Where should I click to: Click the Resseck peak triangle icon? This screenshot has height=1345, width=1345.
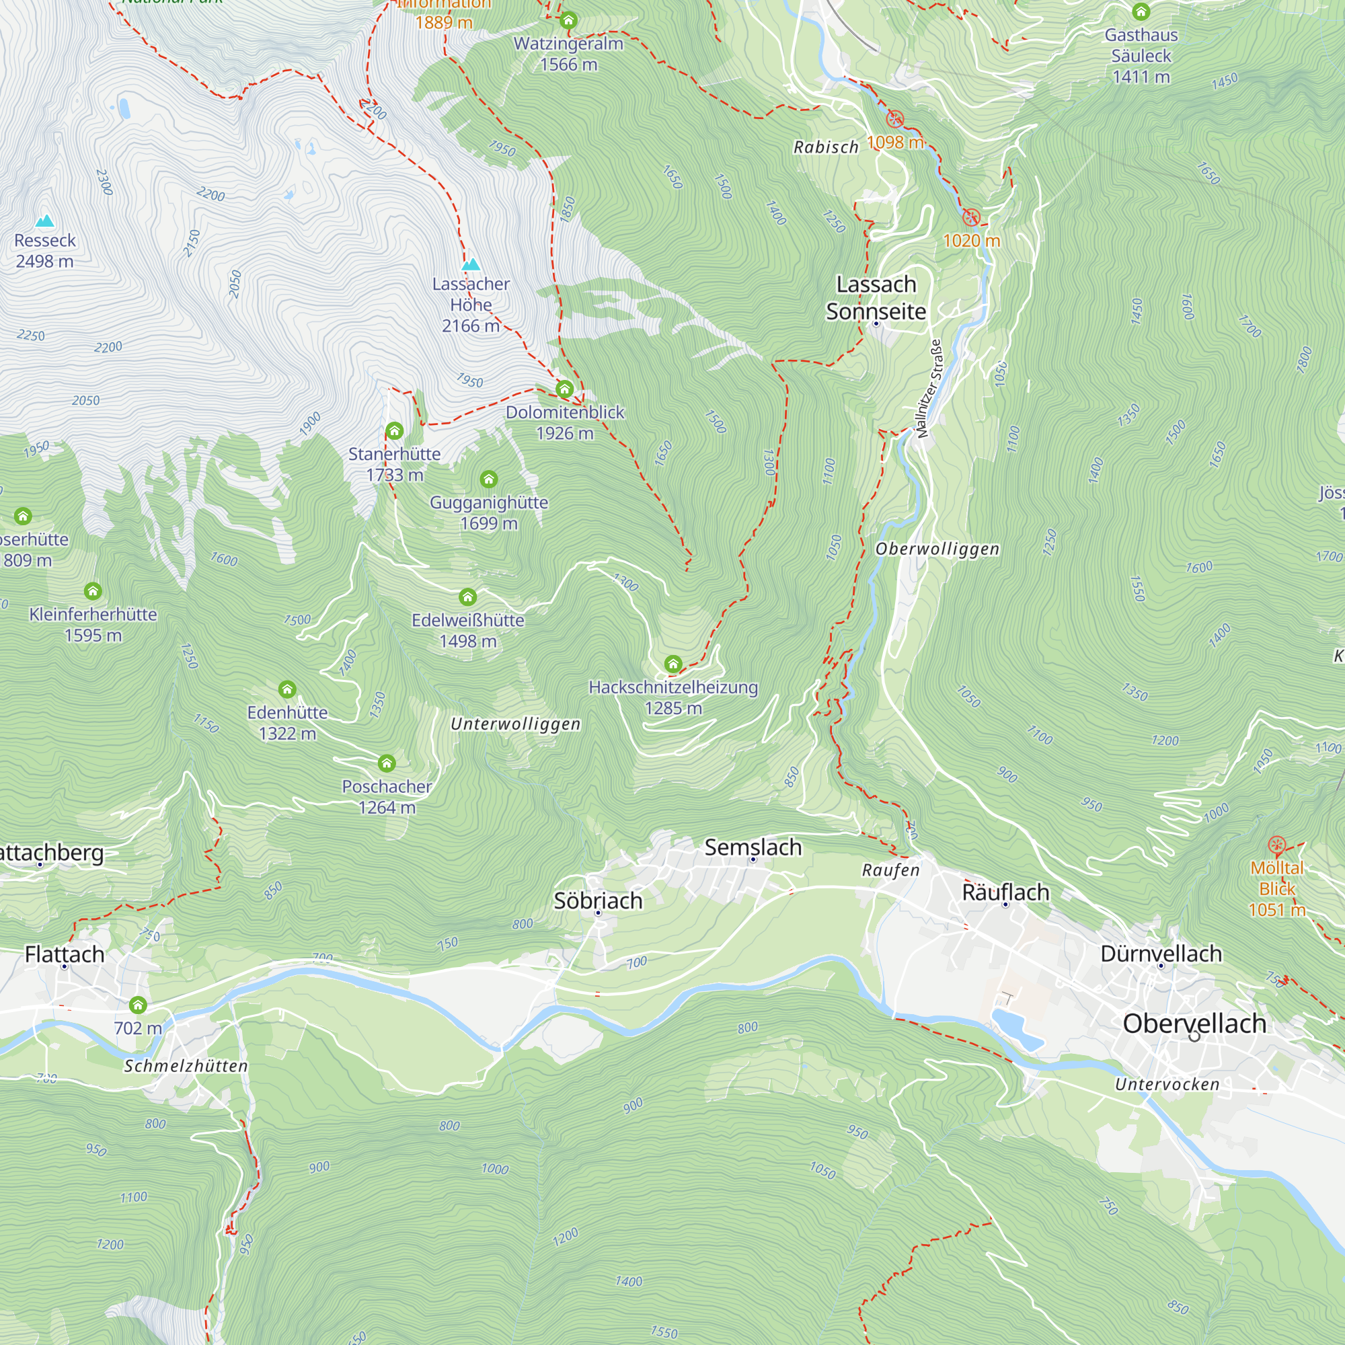tap(45, 221)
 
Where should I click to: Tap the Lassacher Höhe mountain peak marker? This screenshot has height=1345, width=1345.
tap(471, 264)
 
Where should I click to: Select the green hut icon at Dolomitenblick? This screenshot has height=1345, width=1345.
tap(565, 389)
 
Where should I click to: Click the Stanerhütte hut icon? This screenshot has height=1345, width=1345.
tap(395, 431)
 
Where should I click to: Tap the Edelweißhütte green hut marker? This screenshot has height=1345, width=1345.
tap(468, 597)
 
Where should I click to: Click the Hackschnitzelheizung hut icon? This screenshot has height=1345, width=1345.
tap(673, 664)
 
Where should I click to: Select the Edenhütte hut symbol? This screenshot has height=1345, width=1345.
tap(288, 689)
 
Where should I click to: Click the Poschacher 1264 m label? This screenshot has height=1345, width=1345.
tap(387, 797)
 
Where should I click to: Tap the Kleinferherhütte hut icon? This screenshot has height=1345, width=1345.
tap(93, 591)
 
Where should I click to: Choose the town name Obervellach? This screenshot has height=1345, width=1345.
tap(1194, 1024)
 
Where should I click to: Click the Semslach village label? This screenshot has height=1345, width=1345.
tap(753, 847)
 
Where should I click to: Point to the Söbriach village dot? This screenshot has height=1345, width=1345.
tap(598, 913)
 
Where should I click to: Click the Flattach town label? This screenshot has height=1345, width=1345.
tap(65, 954)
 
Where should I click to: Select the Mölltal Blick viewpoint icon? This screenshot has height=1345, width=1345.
tap(1277, 845)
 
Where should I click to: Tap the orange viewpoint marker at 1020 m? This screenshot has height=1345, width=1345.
tap(971, 217)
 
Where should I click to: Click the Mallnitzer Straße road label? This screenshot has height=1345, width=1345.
tap(929, 389)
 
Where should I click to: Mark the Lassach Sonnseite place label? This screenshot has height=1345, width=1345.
tap(876, 298)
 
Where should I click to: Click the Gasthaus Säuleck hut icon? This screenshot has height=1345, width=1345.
tap(1141, 12)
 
